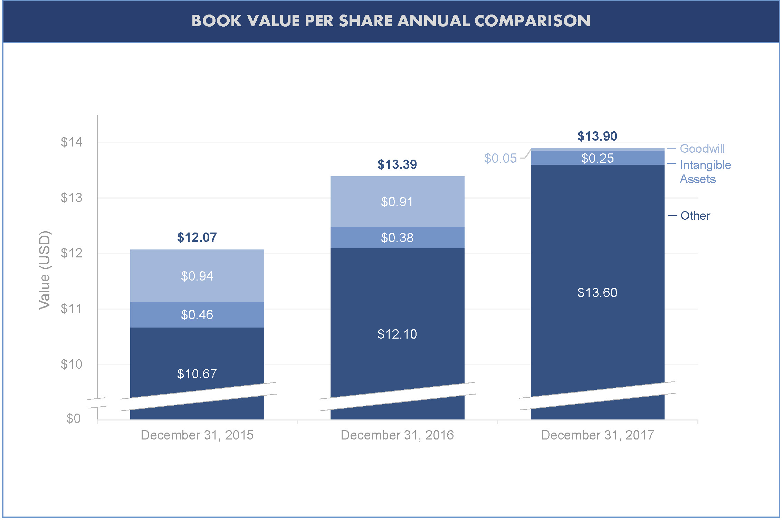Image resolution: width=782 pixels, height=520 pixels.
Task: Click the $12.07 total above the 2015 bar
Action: [x=197, y=237]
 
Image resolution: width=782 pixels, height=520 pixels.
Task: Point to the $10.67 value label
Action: [x=197, y=374]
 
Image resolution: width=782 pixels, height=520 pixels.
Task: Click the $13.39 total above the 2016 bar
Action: [x=397, y=164]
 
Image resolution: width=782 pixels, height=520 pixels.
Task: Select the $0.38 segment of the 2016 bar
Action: [x=397, y=238]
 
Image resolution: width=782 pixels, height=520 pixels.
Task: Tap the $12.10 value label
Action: [x=397, y=334]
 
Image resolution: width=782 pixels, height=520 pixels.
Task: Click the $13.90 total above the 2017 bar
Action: [x=597, y=136]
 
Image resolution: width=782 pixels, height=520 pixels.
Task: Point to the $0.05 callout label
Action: [x=500, y=158]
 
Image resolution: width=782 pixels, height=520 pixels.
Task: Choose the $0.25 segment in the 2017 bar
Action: [x=597, y=158]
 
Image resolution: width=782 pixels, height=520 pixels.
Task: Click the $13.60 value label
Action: [x=597, y=293]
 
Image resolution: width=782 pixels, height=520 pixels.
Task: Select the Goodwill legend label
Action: [x=702, y=149]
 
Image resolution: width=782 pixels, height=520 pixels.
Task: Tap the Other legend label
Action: [x=695, y=216]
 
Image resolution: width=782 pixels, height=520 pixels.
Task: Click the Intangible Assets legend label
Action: [x=705, y=172]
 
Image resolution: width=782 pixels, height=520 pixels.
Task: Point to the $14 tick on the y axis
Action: [x=71, y=142]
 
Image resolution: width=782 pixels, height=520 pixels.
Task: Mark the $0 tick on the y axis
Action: [x=73, y=418]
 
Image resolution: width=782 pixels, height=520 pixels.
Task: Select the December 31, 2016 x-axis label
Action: [x=397, y=435]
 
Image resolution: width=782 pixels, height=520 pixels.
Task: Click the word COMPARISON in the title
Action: [x=532, y=21]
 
